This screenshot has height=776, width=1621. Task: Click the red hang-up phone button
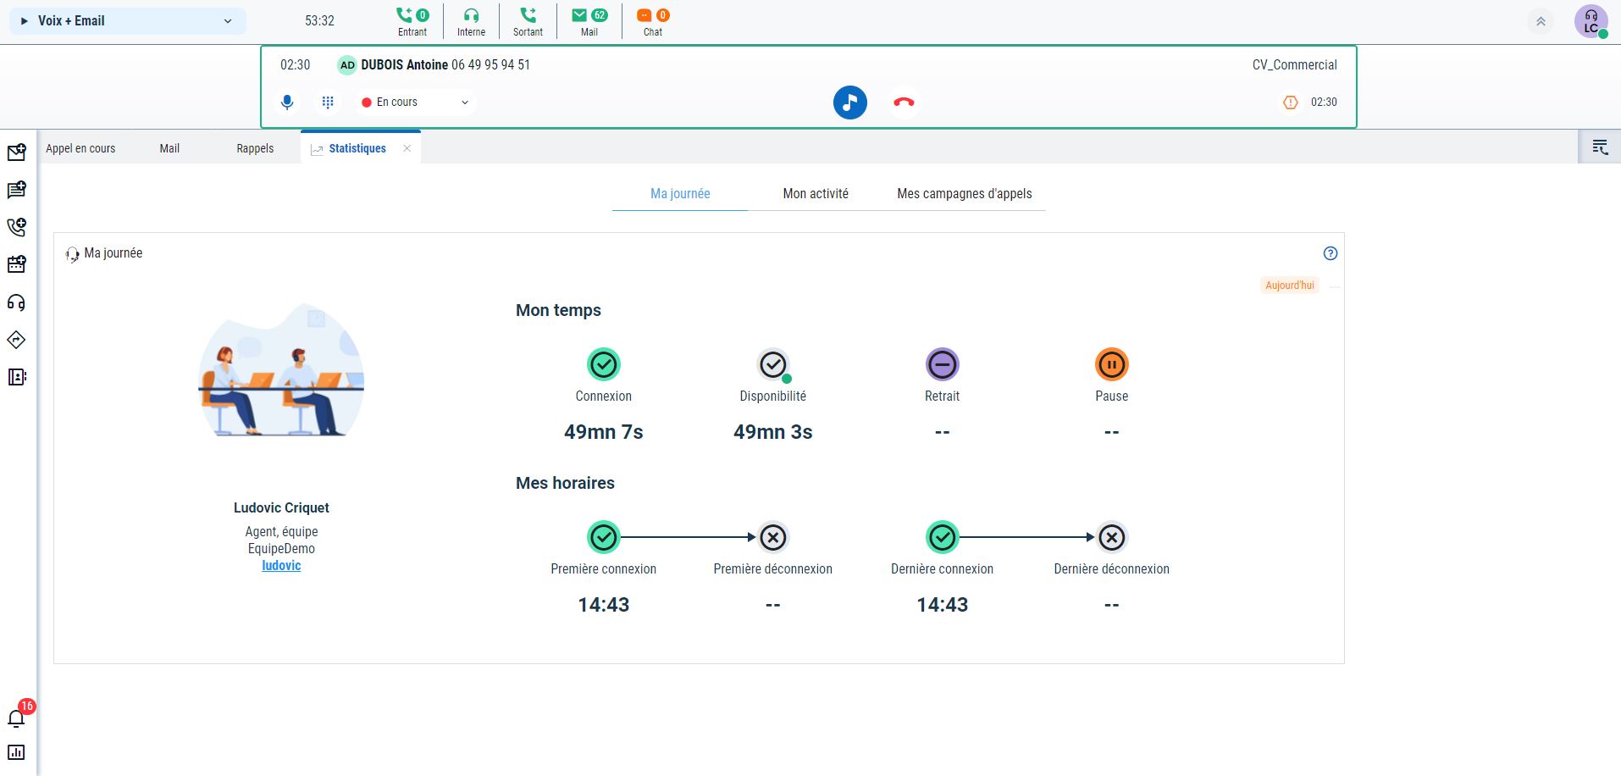click(x=904, y=103)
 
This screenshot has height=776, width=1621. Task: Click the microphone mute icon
click(x=287, y=103)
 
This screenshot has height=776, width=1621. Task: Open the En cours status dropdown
click(x=415, y=103)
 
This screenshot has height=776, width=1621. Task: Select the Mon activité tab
click(x=816, y=194)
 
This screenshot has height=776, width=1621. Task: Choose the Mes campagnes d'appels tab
click(x=964, y=194)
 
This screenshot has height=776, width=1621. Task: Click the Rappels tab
click(x=255, y=148)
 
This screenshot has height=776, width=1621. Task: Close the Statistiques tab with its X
click(x=407, y=148)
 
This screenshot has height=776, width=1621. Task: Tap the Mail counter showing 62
click(x=589, y=21)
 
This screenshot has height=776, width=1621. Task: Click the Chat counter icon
click(x=652, y=21)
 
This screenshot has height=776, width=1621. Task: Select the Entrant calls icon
click(x=412, y=21)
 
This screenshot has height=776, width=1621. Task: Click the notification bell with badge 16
click(x=16, y=718)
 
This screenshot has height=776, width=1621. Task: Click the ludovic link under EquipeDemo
click(x=281, y=566)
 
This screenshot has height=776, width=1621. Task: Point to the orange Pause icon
click(x=1111, y=365)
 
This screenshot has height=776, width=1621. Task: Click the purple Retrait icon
click(x=942, y=365)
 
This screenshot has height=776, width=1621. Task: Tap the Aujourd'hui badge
click(x=1289, y=285)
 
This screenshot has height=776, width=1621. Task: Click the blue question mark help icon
click(x=1331, y=253)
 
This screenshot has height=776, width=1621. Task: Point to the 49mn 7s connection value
click(x=603, y=432)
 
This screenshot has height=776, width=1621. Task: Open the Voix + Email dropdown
click(x=127, y=21)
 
